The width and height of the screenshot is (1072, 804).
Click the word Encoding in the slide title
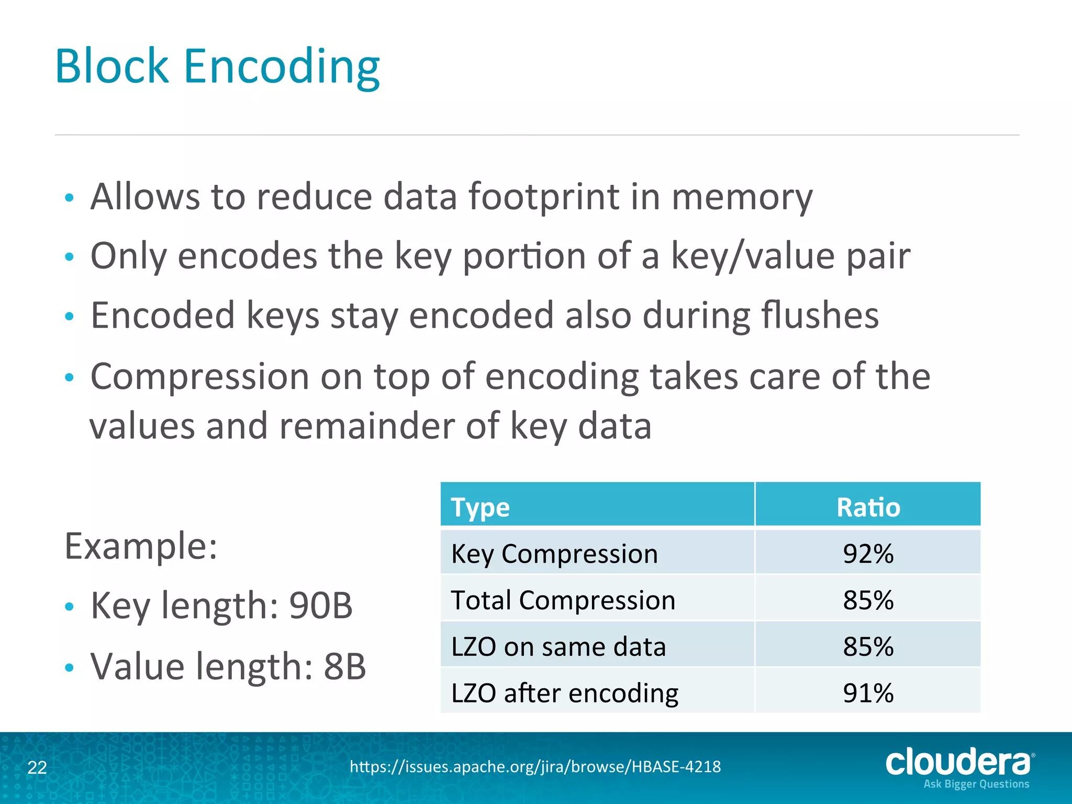point(281,66)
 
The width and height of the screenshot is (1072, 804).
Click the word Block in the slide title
point(111,66)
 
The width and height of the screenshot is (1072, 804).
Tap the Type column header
point(480,507)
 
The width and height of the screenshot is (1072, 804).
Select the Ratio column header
point(868,507)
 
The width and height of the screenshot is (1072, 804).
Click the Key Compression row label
point(554,553)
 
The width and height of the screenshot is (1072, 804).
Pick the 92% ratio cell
point(868,553)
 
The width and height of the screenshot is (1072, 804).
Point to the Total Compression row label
point(563,600)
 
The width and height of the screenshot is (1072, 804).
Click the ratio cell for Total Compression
point(868,600)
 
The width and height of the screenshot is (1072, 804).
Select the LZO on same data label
point(558,646)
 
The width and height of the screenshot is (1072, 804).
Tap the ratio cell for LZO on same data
point(868,646)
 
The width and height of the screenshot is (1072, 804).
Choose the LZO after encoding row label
point(564,693)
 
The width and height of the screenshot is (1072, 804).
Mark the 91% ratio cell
point(868,693)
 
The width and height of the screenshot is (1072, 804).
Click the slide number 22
point(37,767)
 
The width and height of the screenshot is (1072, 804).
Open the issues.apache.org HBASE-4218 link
point(535,767)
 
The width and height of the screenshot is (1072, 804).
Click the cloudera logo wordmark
point(958,762)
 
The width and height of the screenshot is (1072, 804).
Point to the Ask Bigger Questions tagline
point(976,784)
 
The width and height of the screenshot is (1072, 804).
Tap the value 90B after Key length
point(321,606)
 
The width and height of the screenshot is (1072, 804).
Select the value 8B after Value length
point(344,666)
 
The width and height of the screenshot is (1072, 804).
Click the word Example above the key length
point(140,546)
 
